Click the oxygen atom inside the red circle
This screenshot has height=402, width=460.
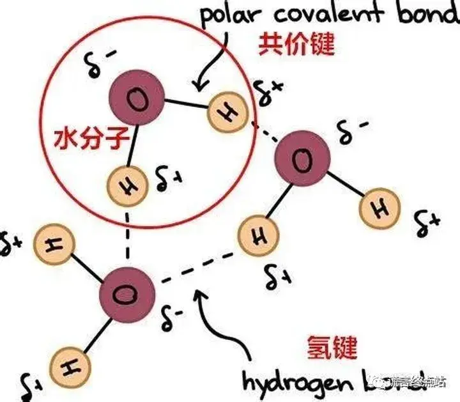coord(135,100)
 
